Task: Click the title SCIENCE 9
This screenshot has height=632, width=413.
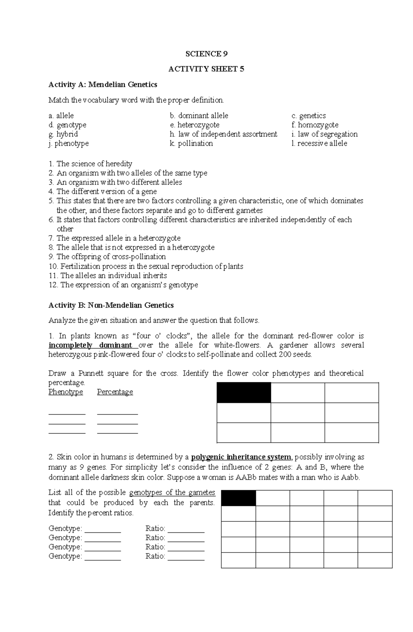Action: (x=206, y=54)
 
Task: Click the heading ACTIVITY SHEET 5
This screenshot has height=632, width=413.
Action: (x=206, y=69)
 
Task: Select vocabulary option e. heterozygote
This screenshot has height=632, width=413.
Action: (x=194, y=125)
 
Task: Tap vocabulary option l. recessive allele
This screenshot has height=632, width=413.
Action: (x=319, y=144)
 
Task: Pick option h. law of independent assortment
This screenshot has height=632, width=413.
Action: (x=223, y=134)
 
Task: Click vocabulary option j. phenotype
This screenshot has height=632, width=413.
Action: (x=68, y=144)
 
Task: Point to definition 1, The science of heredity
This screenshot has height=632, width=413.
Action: (x=90, y=164)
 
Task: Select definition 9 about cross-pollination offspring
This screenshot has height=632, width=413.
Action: (x=107, y=257)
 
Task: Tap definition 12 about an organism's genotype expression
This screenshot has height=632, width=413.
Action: (x=123, y=285)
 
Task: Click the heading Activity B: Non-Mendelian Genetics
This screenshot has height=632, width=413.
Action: (x=111, y=305)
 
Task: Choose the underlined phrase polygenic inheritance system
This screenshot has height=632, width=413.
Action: (x=241, y=457)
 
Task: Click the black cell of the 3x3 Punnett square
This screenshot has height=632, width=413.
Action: (x=244, y=393)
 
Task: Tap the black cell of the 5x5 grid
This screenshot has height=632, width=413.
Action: (x=238, y=498)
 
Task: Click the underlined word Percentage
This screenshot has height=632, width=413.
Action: (x=115, y=392)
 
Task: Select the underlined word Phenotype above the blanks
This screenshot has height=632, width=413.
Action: (x=65, y=392)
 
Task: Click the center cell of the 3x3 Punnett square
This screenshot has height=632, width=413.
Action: (x=297, y=413)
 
